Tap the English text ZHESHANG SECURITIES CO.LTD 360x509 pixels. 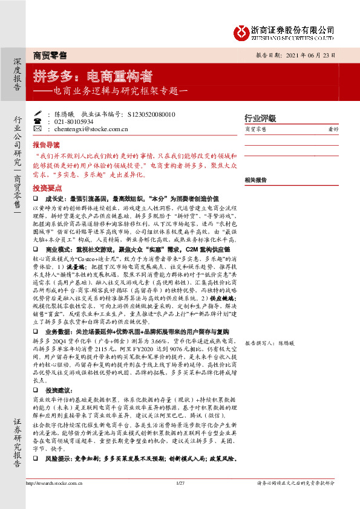292,37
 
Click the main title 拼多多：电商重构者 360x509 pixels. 93,77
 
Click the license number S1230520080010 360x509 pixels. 151,114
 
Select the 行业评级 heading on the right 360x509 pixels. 260,118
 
